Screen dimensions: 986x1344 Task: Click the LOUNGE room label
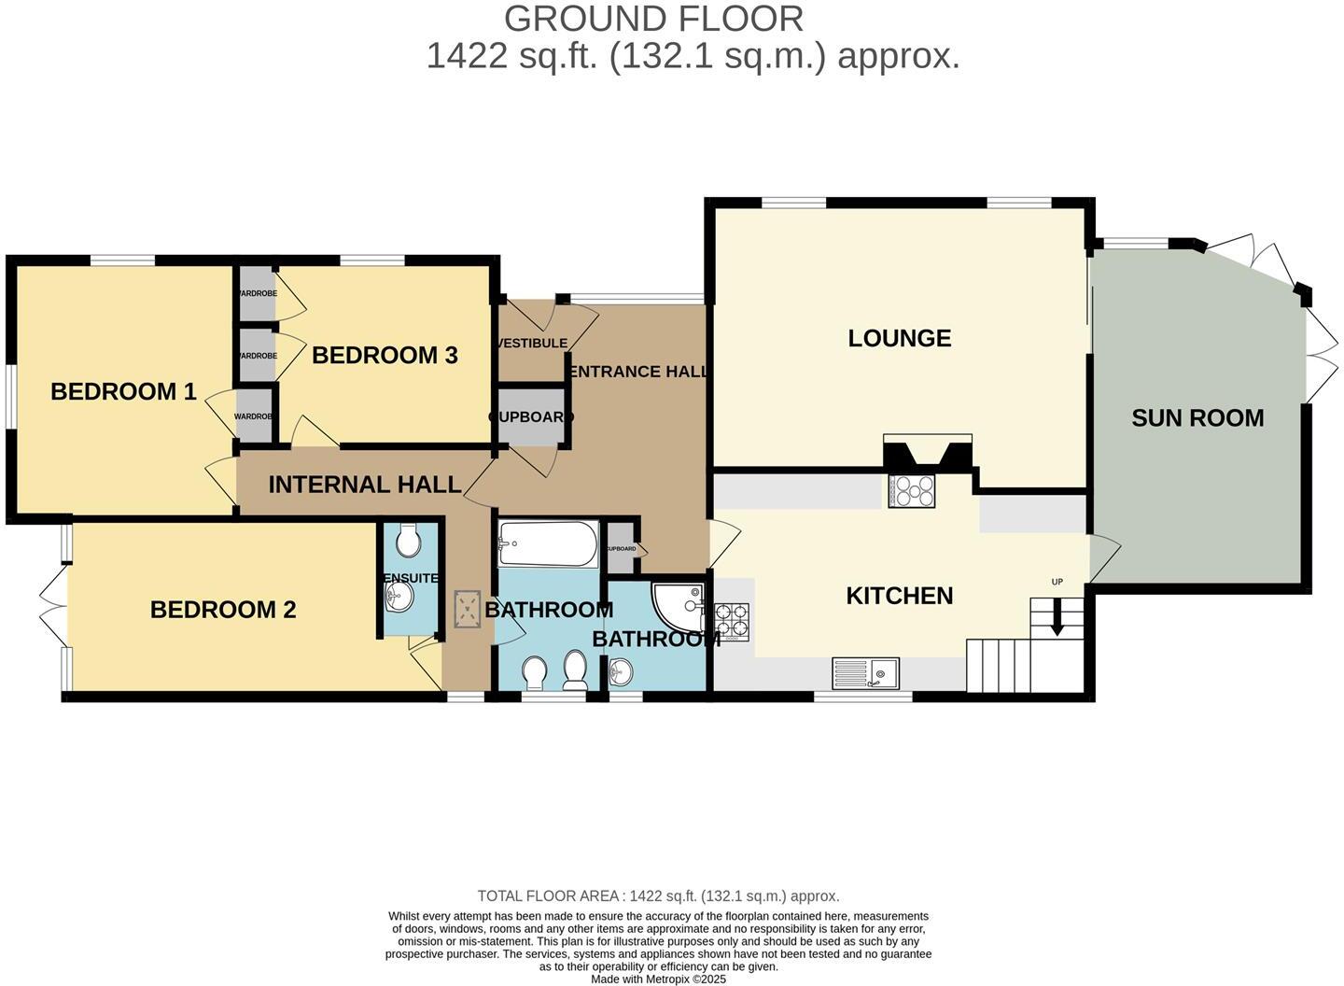pos(899,338)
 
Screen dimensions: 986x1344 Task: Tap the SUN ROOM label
pos(1197,418)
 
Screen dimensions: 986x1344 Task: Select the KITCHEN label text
pos(899,596)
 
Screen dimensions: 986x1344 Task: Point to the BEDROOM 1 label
pos(123,391)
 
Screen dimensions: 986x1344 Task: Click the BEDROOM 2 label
pos(223,610)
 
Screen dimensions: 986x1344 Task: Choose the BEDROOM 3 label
pos(385,355)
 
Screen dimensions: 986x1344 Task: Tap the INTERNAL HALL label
pos(365,485)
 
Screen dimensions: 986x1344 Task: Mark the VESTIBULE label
pos(532,344)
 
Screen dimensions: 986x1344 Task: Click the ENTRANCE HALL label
pos(638,372)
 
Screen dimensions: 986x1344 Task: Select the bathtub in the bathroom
pos(548,544)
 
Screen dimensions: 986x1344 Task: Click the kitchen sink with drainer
pos(865,672)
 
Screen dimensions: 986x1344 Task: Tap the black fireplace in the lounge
pos(928,456)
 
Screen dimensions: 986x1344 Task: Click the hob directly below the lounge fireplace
pos(912,491)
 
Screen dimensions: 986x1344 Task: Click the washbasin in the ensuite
pos(399,599)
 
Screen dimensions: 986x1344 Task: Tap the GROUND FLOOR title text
pos(653,19)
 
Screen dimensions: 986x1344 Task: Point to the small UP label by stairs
pos(1057,583)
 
